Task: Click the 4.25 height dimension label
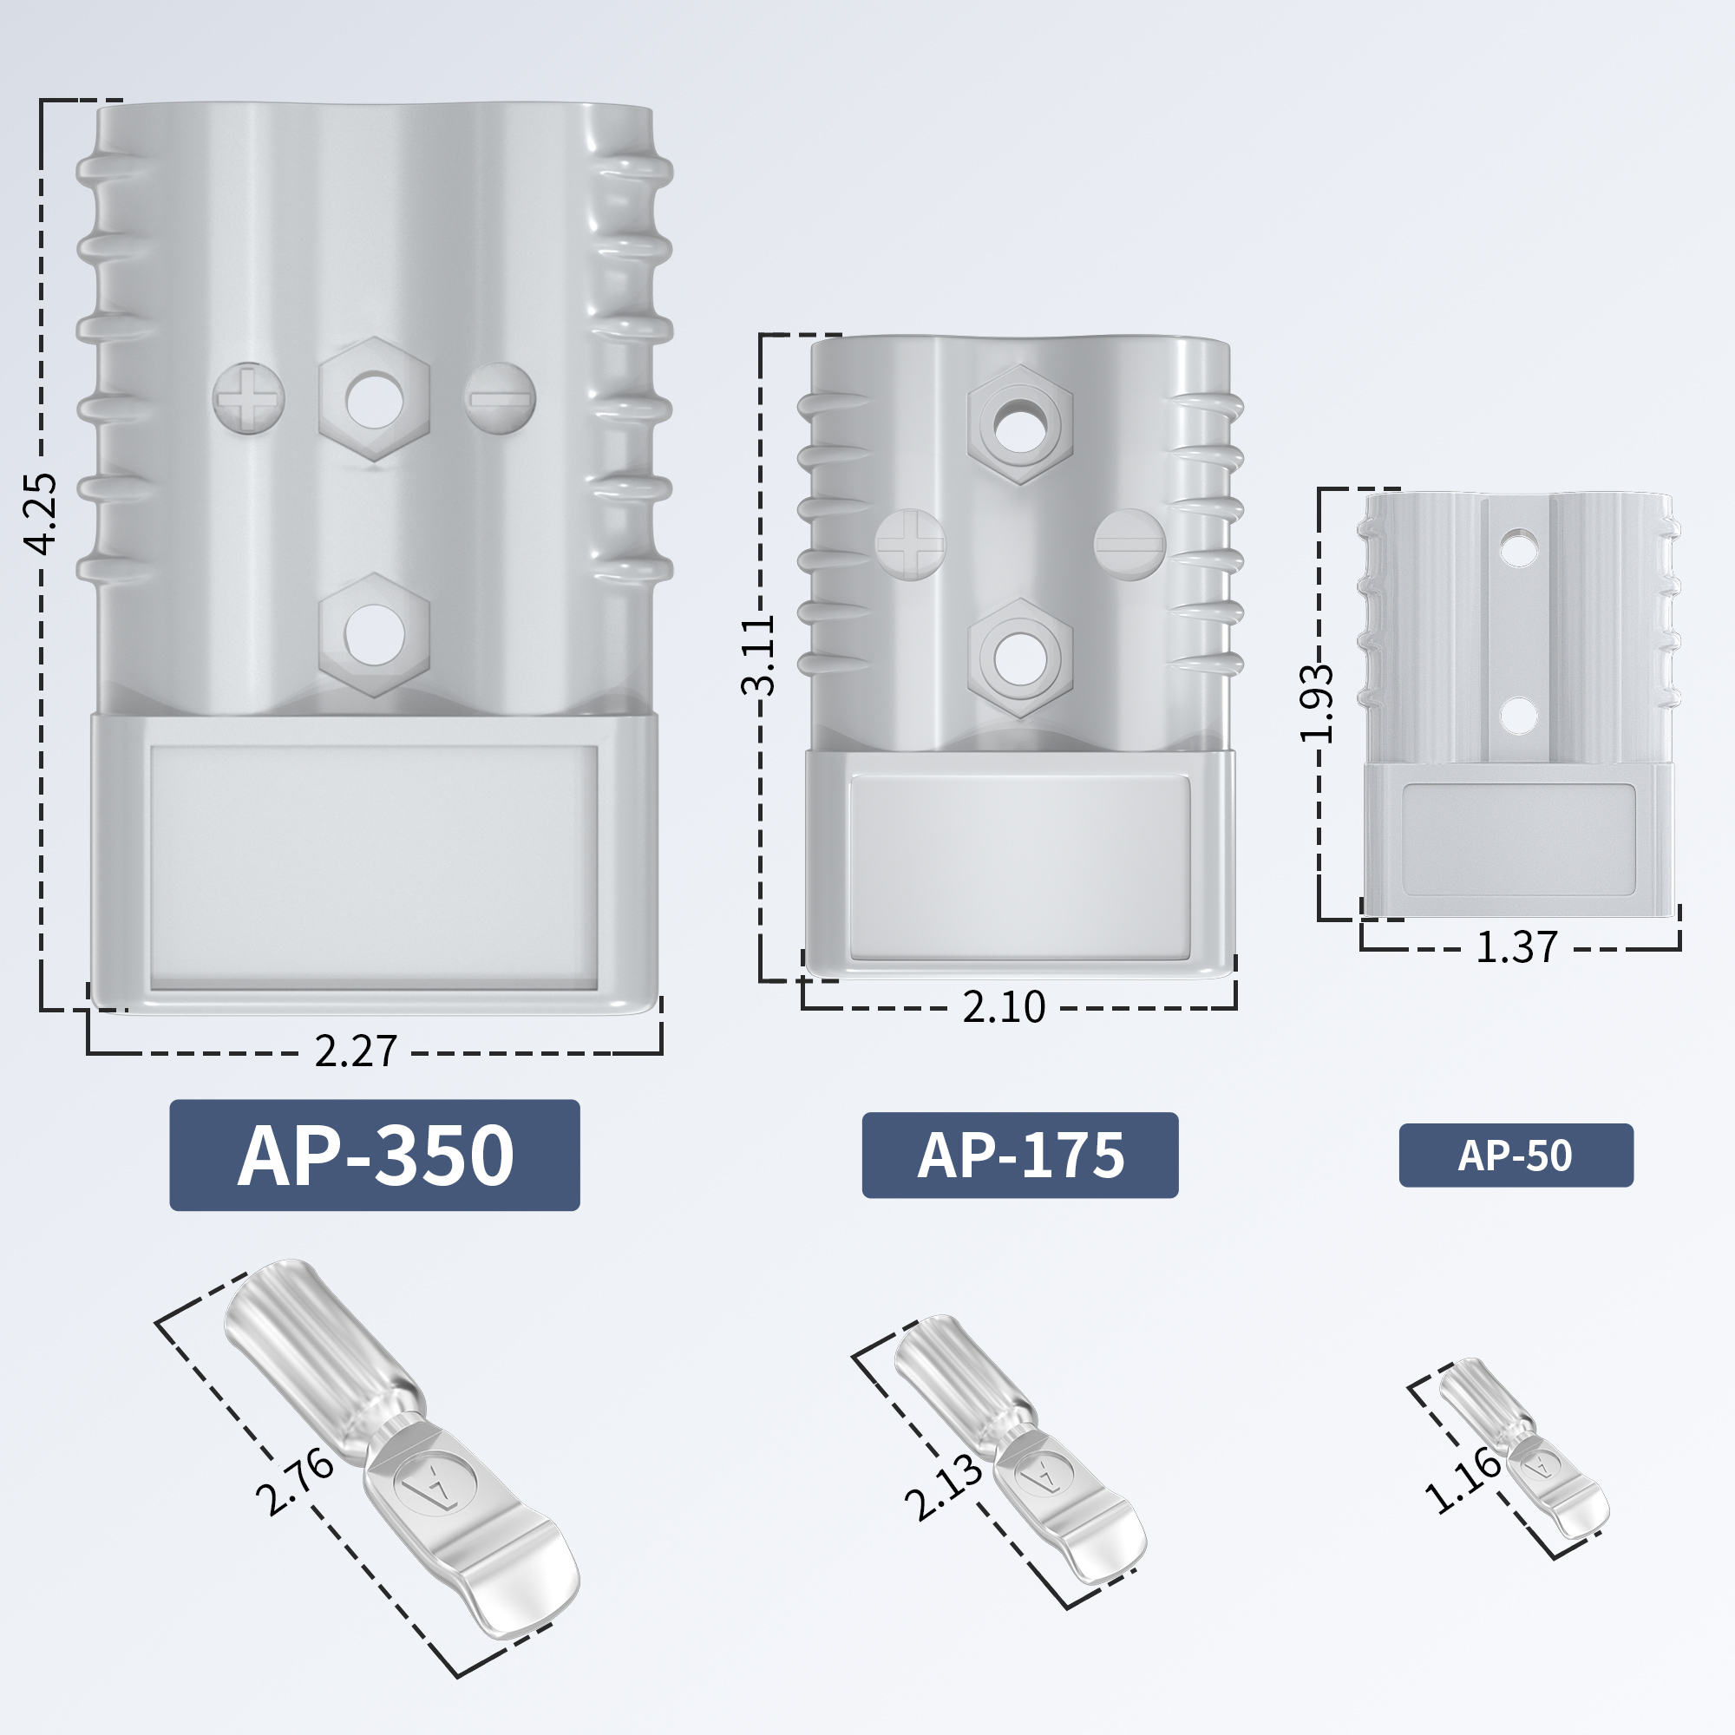pos(41,513)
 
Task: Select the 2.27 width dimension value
pos(356,1051)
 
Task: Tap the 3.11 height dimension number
pos(759,656)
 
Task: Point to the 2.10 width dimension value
pos(1004,1007)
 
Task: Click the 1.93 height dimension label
pos(1318,704)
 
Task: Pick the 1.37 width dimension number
pos(1516,948)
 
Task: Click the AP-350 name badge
pos(375,1155)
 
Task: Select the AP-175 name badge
pos(1019,1155)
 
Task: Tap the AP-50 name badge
pos(1516,1156)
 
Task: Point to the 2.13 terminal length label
pos(943,1488)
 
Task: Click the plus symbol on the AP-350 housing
pos(249,398)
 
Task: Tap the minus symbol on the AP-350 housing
pos(500,398)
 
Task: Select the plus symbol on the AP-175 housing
pos(911,544)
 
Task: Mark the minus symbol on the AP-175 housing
pos(1129,544)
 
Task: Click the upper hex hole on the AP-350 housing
pos(375,399)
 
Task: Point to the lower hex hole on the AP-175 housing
pos(1020,658)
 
